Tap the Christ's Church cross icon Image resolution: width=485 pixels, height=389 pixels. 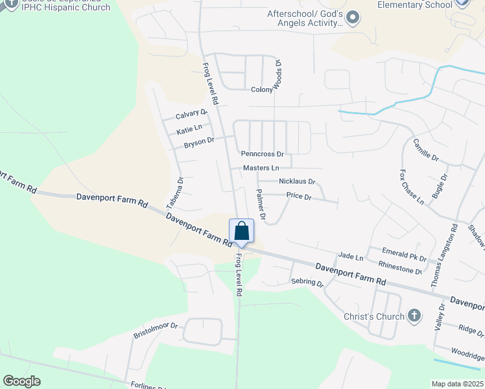pyautogui.click(x=414, y=316)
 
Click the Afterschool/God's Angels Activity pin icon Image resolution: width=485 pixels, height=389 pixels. pyautogui.click(x=352, y=18)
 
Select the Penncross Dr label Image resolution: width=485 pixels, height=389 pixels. pyautogui.click(x=263, y=154)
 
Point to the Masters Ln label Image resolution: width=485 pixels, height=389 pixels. pyautogui.click(x=261, y=168)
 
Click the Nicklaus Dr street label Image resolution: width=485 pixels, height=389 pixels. pyautogui.click(x=296, y=182)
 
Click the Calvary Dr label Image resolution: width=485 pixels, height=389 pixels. pyautogui.click(x=191, y=115)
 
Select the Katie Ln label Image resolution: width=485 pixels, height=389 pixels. pyautogui.click(x=189, y=130)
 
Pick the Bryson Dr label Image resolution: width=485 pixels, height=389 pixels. pyautogui.click(x=198, y=142)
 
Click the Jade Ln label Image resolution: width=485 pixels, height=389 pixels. pyautogui.click(x=351, y=257)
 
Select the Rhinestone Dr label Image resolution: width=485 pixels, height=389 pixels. pyautogui.click(x=400, y=268)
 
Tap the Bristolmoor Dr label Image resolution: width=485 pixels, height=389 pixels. pyautogui.click(x=156, y=331)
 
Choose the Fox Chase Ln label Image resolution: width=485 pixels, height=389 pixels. pyautogui.click(x=411, y=188)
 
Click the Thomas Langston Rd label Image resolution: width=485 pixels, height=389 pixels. pyautogui.click(x=445, y=255)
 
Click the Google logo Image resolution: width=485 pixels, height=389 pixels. pyautogui.click(x=21, y=381)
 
